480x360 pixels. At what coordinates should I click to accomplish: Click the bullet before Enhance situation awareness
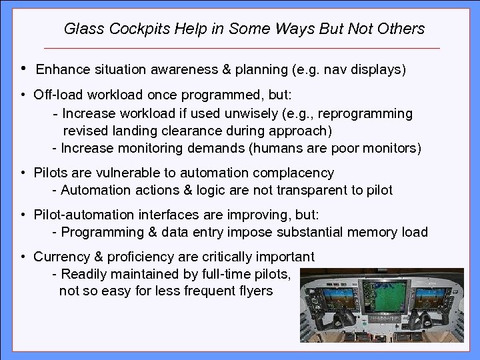23,68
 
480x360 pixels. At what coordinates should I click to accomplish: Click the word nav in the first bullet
347,69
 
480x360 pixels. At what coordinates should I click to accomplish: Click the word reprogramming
369,113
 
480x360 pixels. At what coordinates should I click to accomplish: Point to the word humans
279,147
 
